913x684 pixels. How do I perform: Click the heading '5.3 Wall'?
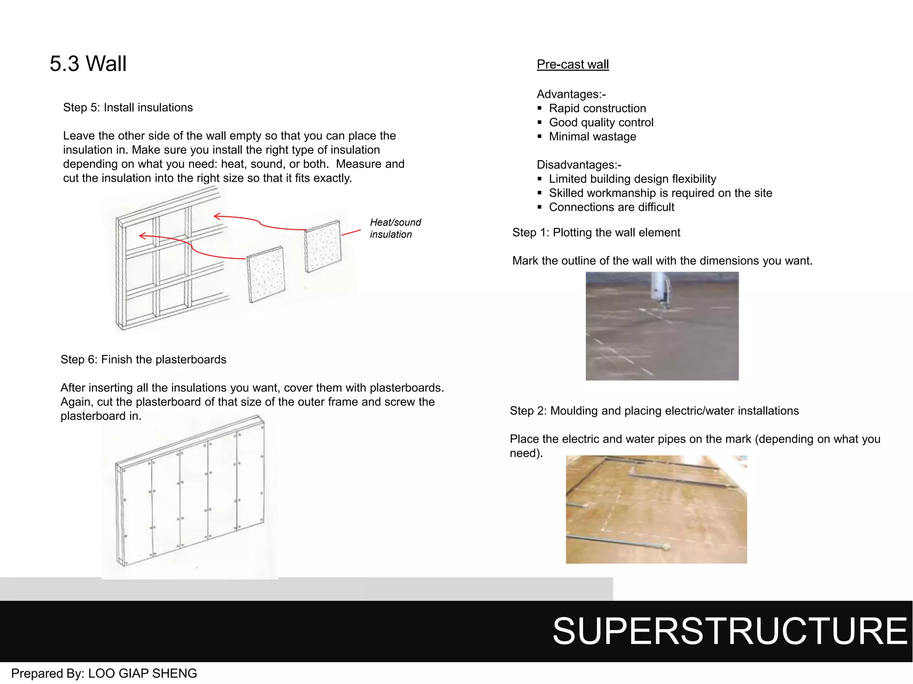[x=88, y=64]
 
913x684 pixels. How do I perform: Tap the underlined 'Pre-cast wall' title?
[x=572, y=65]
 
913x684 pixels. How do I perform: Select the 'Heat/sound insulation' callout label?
[x=395, y=228]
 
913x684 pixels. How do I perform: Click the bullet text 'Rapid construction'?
[x=597, y=108]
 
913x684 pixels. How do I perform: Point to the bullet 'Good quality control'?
[x=601, y=122]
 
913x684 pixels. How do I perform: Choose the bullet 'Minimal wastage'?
[x=592, y=137]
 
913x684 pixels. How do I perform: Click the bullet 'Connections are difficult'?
[x=612, y=207]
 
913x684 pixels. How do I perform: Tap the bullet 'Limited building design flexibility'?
[x=633, y=179]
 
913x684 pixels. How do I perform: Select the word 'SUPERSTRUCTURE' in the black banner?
[x=730, y=631]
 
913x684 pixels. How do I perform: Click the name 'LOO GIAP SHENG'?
[x=143, y=673]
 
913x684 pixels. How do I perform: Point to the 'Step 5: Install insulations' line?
[x=128, y=108]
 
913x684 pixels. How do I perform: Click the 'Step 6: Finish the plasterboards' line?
[x=144, y=359]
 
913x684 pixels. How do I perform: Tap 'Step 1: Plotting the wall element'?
[x=596, y=232]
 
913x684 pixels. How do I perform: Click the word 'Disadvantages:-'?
[x=579, y=165]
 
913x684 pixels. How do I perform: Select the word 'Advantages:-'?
[x=571, y=94]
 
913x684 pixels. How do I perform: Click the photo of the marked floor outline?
[x=662, y=326]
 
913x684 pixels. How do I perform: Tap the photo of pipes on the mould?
[x=656, y=509]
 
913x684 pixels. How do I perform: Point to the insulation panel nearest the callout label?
[x=323, y=246]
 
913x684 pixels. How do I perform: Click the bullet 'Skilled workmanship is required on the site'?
[x=661, y=193]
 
